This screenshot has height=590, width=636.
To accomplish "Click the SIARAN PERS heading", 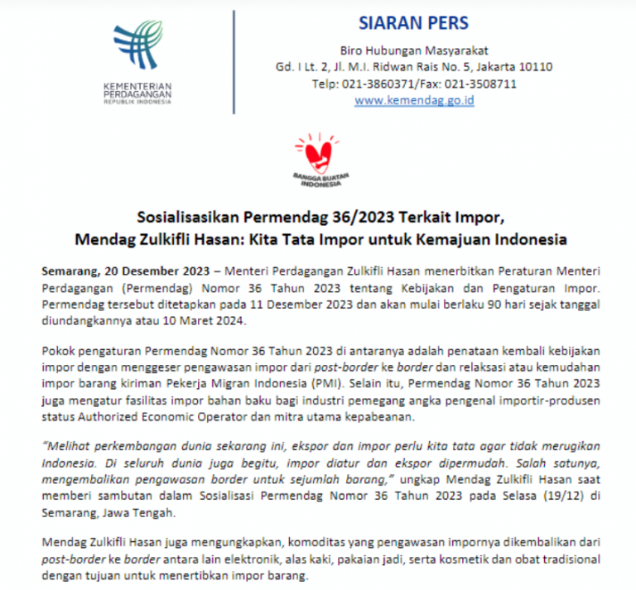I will pos(413,22).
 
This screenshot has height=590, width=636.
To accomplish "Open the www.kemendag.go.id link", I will pos(414,100).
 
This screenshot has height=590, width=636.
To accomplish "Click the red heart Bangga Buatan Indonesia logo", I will pos(318,155).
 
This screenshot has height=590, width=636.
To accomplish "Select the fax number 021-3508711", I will pos(481,84).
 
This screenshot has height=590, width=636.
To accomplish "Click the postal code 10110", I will pos(536,67).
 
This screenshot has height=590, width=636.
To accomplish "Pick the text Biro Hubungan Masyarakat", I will pos(414,50).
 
